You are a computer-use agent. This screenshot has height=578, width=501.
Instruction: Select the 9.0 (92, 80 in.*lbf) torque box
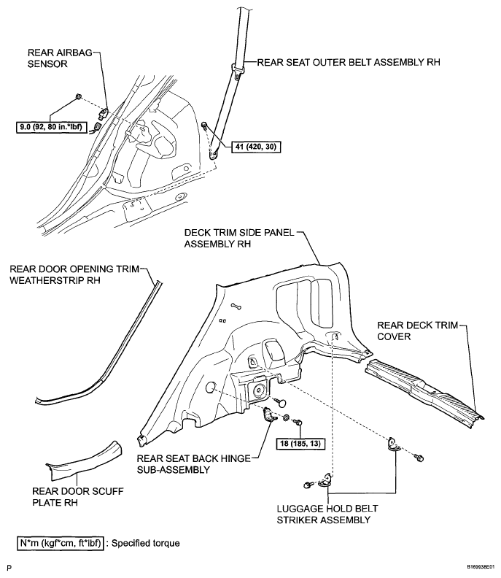[51, 127]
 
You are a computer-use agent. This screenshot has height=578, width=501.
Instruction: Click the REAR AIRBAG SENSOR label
[60, 58]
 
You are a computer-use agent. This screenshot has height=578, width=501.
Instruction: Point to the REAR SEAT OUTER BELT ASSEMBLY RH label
[349, 62]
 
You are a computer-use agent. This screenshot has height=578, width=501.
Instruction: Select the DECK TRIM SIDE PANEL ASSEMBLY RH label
[239, 238]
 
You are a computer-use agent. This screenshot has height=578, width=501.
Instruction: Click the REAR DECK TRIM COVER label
[417, 331]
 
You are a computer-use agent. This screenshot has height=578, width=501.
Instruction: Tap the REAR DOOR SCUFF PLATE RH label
[78, 496]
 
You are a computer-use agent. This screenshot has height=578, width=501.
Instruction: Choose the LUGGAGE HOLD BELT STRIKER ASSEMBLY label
[327, 515]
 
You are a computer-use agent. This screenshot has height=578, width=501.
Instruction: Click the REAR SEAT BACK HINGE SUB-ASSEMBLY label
[193, 464]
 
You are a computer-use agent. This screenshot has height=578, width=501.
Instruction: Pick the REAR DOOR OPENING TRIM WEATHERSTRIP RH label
[74, 274]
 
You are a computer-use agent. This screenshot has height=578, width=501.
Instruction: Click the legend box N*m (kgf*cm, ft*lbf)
[61, 543]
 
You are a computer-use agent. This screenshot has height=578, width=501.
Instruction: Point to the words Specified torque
[146, 544]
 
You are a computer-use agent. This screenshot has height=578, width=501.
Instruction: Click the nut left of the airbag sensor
[78, 96]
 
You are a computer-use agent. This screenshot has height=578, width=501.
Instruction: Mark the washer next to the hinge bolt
[286, 418]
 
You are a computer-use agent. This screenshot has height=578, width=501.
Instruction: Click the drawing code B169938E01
[481, 566]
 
